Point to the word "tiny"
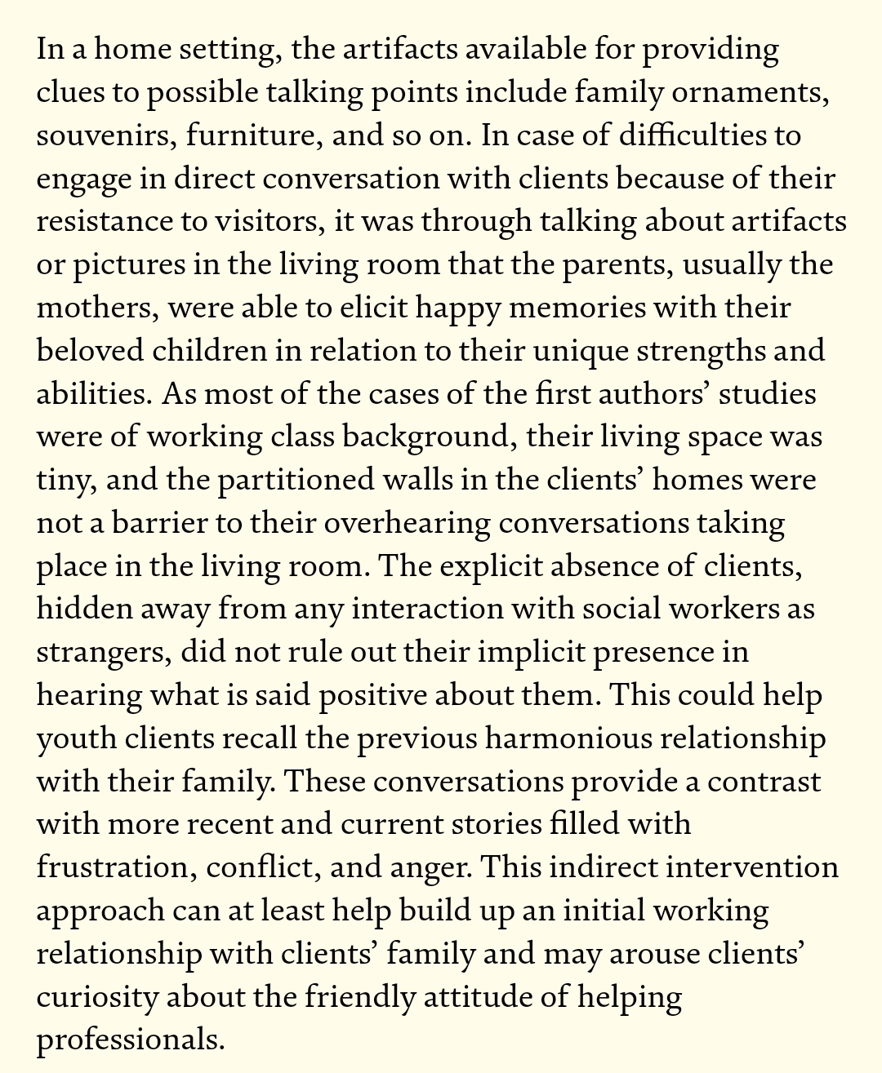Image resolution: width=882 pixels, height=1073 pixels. (66, 480)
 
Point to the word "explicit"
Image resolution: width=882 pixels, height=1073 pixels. (488, 566)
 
